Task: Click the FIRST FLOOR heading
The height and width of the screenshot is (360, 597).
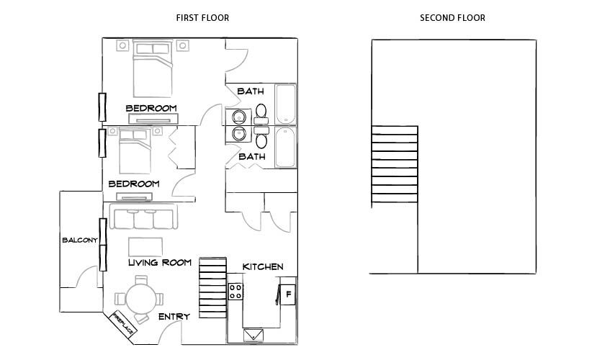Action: (202, 17)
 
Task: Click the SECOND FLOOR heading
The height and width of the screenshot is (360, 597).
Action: (452, 17)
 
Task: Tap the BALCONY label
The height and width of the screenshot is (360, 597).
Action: (79, 240)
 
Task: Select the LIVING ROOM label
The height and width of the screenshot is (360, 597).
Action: (159, 263)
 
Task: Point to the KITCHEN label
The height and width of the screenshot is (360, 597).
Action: (262, 266)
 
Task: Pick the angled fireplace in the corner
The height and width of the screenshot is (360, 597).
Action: (122, 325)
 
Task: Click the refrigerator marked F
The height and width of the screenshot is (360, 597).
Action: (288, 294)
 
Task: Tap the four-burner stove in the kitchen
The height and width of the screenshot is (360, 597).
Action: (235, 292)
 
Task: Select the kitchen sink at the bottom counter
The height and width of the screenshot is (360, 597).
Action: (253, 334)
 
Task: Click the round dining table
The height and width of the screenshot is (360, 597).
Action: (139, 298)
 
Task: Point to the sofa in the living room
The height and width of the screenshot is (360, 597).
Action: (143, 217)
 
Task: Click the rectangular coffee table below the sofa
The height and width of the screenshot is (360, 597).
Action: (145, 243)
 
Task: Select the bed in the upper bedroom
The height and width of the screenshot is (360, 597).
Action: (152, 70)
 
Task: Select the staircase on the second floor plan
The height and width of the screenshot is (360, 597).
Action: (394, 165)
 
